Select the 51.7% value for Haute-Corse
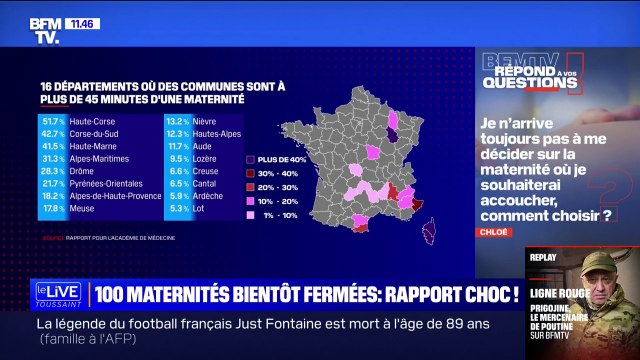pos(53,120)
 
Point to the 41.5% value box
pos(53,145)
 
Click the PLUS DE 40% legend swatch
pos(251,158)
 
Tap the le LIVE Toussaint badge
pos(59,293)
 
